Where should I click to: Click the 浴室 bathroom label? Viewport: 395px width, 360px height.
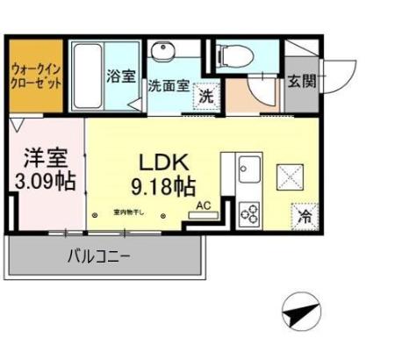[x=121, y=77]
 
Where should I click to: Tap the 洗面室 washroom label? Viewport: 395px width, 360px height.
[x=168, y=87]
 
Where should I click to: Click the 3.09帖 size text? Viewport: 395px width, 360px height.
[x=46, y=183]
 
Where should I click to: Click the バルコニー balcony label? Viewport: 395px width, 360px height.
[x=99, y=257]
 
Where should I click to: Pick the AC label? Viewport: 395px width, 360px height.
[x=204, y=205]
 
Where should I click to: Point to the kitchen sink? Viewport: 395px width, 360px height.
[x=249, y=165]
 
